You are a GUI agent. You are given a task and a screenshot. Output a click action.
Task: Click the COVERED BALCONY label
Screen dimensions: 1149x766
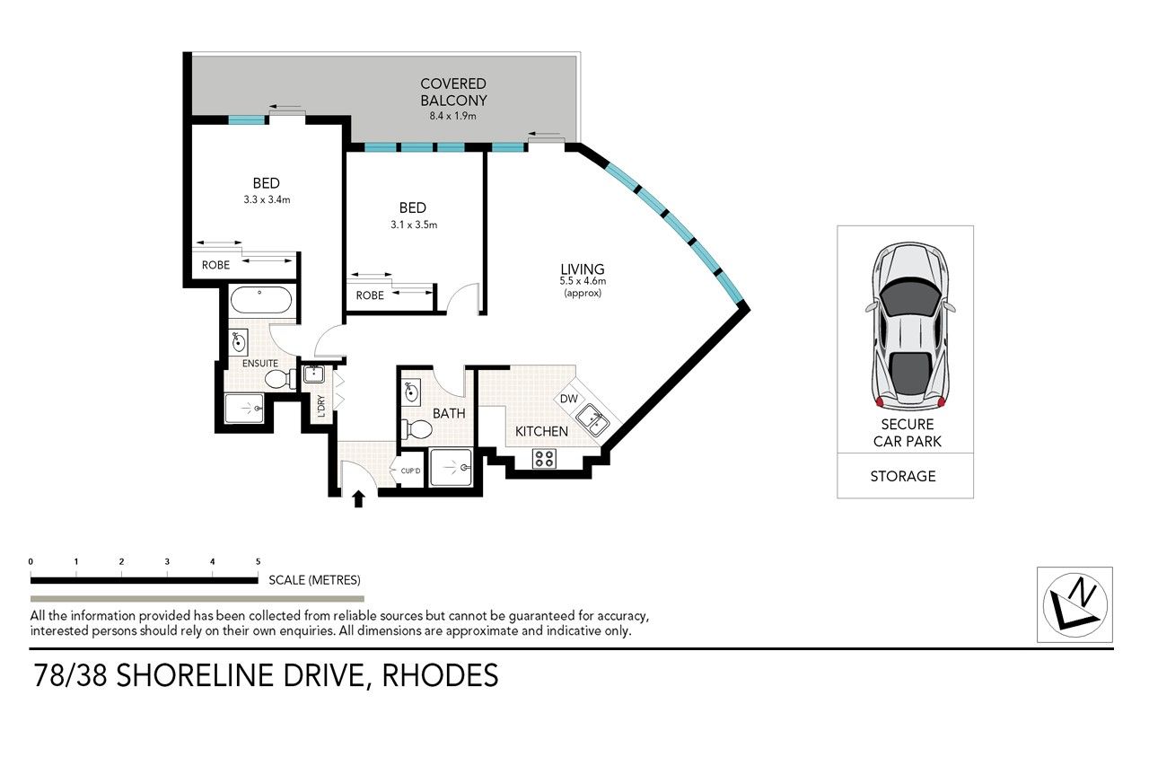(x=453, y=92)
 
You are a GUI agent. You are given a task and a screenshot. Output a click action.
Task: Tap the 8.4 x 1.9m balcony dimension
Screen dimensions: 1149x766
(x=453, y=116)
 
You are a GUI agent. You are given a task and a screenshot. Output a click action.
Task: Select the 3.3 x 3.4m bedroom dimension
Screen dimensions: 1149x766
(x=267, y=199)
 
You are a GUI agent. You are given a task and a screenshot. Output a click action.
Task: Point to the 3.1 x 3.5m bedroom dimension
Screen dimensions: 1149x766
(x=414, y=225)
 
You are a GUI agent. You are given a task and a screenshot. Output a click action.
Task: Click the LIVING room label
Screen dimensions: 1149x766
(x=583, y=269)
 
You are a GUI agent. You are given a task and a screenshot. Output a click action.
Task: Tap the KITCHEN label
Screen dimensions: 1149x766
(x=541, y=431)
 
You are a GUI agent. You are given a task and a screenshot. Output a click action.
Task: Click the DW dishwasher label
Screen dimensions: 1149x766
(x=569, y=399)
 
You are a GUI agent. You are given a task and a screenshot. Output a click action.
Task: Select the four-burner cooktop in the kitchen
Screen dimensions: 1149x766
(x=544, y=458)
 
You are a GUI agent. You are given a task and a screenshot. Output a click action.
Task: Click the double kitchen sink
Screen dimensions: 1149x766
(x=592, y=419)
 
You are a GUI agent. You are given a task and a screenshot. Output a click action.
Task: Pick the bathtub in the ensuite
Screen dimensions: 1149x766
(x=261, y=300)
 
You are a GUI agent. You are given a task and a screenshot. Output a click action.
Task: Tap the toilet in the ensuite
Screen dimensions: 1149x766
(x=280, y=379)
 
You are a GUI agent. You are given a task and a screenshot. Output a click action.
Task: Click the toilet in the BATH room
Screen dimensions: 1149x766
(x=417, y=429)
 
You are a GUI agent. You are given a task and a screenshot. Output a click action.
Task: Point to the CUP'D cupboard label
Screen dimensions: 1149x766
(x=410, y=471)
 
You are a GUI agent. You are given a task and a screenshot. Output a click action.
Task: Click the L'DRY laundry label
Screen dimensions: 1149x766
(x=321, y=406)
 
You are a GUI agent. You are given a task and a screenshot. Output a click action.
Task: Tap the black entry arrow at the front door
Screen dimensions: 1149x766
(x=358, y=498)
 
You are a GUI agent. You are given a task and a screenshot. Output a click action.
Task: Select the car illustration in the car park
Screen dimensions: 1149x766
(x=910, y=326)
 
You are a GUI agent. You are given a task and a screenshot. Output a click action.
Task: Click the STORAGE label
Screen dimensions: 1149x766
(x=903, y=476)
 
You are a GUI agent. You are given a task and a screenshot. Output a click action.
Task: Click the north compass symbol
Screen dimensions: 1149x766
(x=1074, y=605)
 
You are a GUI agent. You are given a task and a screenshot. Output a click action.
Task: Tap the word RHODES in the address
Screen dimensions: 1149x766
(x=440, y=675)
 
